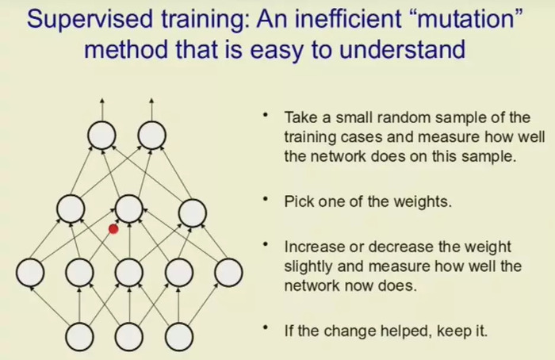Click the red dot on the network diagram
[x=113, y=229]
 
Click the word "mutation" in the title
[x=466, y=19]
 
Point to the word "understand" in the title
[x=402, y=49]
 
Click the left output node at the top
[x=102, y=135]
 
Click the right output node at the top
[x=151, y=135]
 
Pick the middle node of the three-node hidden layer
[x=128, y=209]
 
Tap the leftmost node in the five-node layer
[x=30, y=273]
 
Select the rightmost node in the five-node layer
[x=228, y=273]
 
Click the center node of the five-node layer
[x=129, y=273]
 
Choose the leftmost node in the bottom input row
[x=79, y=337]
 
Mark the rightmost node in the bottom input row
[x=179, y=337]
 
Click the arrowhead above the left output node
[x=102, y=101]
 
